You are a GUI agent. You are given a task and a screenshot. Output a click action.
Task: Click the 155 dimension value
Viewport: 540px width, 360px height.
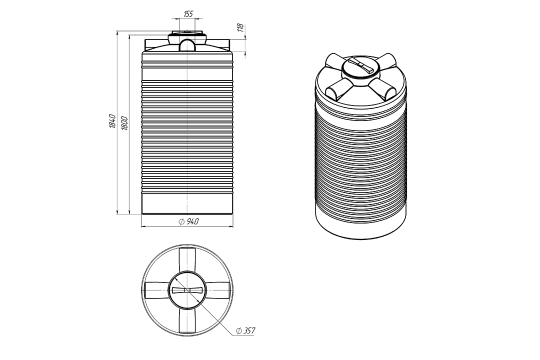[188, 14]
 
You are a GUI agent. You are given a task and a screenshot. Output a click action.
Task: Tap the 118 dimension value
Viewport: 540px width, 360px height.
[240, 27]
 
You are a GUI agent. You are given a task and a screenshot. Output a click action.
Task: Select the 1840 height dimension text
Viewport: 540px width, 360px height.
[112, 121]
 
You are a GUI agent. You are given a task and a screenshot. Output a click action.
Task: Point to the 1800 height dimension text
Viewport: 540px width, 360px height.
[124, 123]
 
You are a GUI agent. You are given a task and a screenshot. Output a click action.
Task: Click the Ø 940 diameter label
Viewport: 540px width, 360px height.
[188, 221]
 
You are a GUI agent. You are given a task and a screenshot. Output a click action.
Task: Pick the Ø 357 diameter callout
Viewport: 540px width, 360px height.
[245, 330]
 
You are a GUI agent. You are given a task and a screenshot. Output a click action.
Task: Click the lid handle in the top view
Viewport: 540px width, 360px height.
[187, 290]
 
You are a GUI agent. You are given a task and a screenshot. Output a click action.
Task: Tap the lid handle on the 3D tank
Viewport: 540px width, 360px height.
[360, 65]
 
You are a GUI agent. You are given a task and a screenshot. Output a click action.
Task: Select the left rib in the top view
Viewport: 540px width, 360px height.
[156, 290]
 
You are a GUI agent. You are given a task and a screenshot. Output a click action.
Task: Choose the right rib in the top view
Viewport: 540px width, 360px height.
[217, 290]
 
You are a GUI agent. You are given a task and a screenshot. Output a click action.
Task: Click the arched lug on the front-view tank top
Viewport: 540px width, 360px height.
[187, 45]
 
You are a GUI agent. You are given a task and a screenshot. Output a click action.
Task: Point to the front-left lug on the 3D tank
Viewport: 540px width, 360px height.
[339, 89]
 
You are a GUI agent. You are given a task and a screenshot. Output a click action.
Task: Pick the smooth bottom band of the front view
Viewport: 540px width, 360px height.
[187, 203]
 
